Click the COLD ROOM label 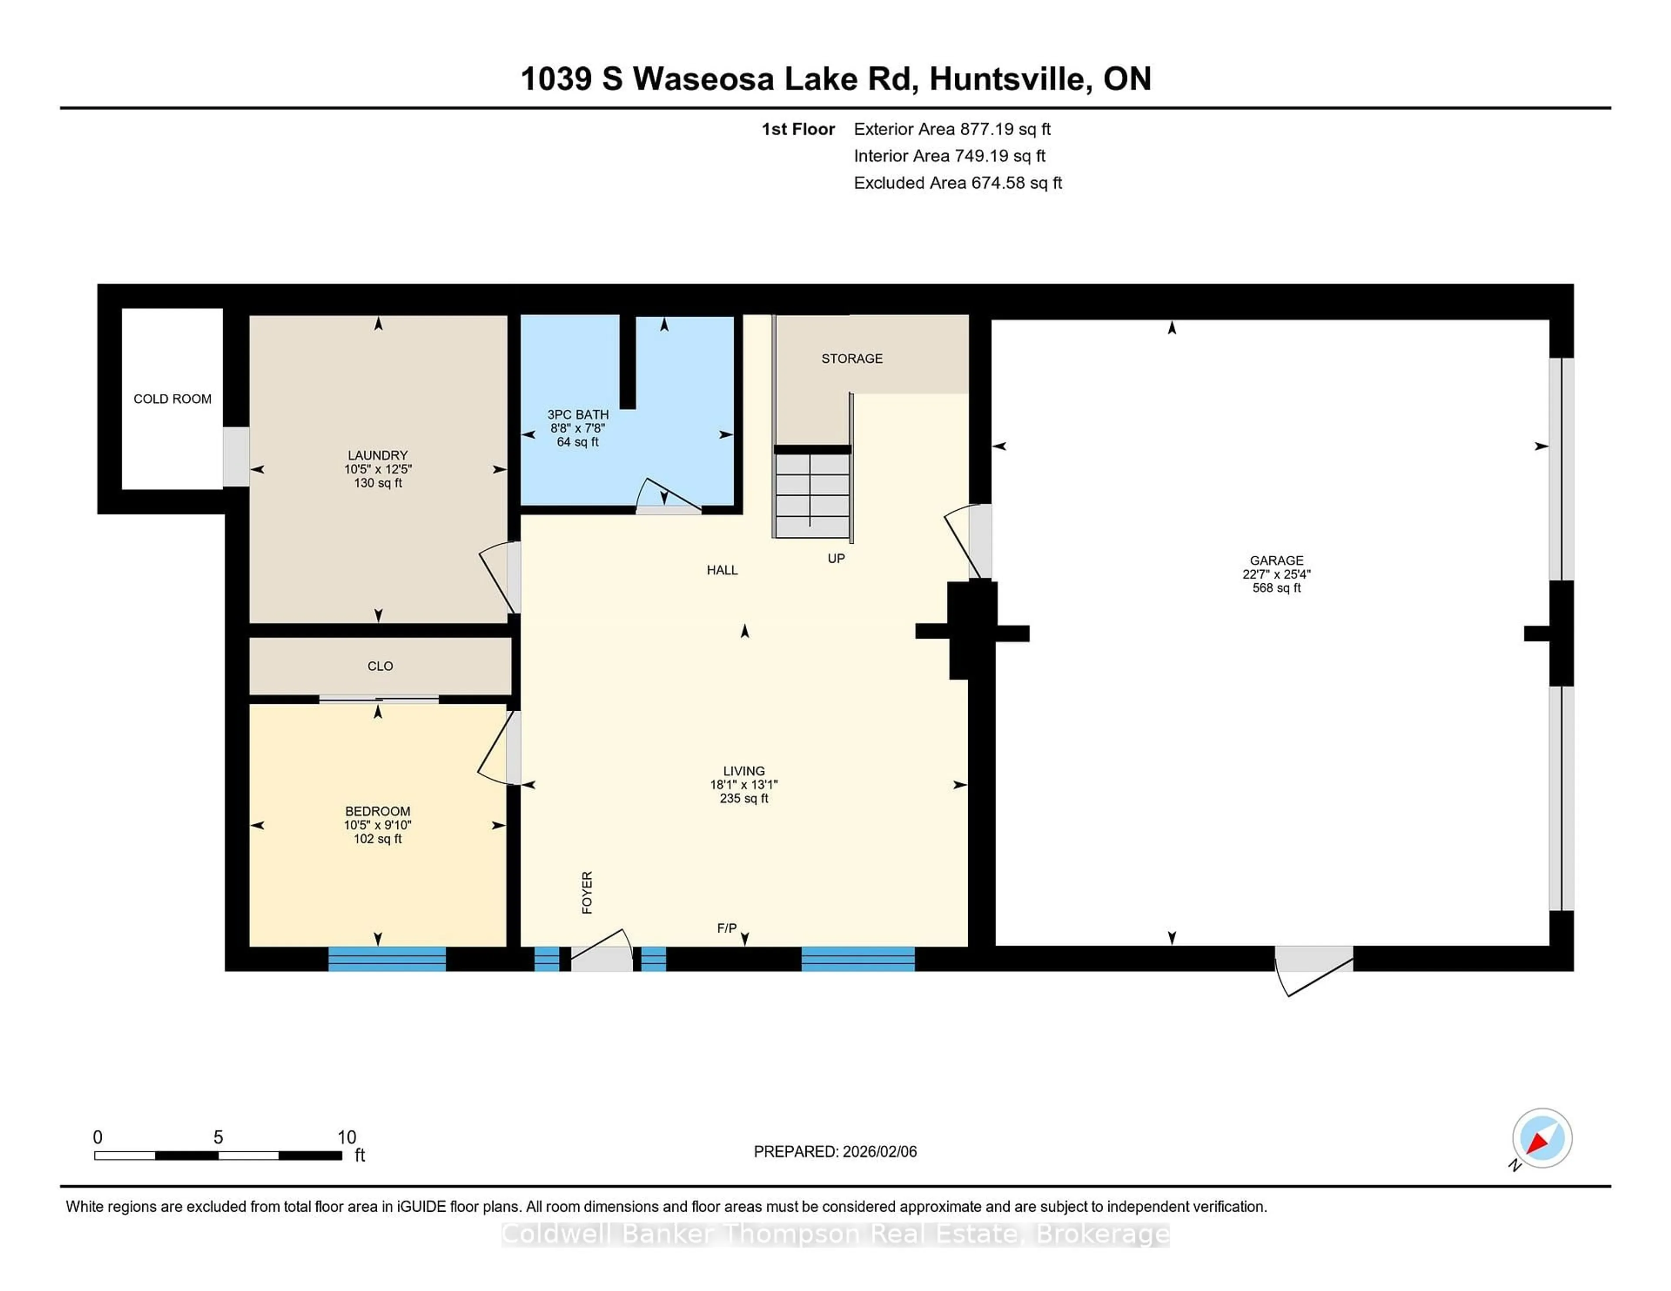coord(172,398)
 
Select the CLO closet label coord(379,666)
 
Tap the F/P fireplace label coord(726,928)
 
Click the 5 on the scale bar coord(218,1137)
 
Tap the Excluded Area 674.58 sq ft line coord(957,183)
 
